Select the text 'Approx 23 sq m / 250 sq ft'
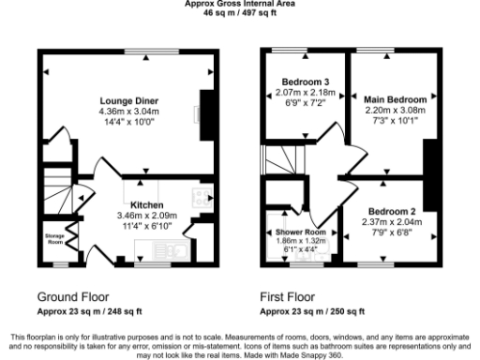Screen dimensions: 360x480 [x=312, y=310]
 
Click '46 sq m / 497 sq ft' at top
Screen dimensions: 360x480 [x=239, y=14]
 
